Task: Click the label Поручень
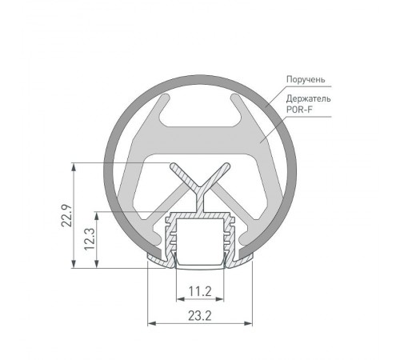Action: [x=306, y=81]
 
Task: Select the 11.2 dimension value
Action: [x=200, y=291]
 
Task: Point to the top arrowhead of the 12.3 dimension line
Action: [x=98, y=214]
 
